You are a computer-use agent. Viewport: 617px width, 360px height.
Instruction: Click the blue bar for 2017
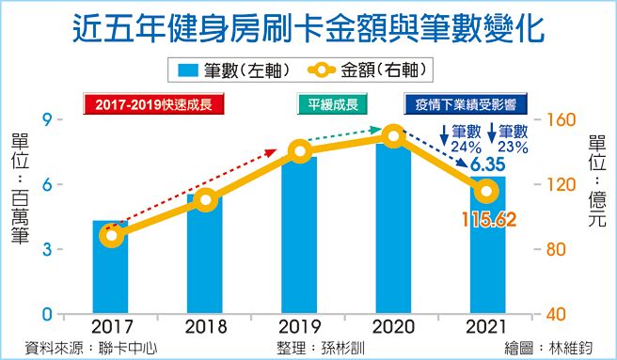[x=111, y=273]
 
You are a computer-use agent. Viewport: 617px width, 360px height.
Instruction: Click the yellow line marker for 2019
[x=299, y=151]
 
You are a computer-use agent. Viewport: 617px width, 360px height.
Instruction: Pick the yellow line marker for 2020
[x=394, y=138]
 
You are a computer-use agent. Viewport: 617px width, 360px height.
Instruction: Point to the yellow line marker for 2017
[x=112, y=235]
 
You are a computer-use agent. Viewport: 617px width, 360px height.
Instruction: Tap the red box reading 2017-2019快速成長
[x=155, y=103]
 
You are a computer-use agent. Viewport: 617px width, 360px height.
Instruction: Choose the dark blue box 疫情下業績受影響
[x=463, y=103]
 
